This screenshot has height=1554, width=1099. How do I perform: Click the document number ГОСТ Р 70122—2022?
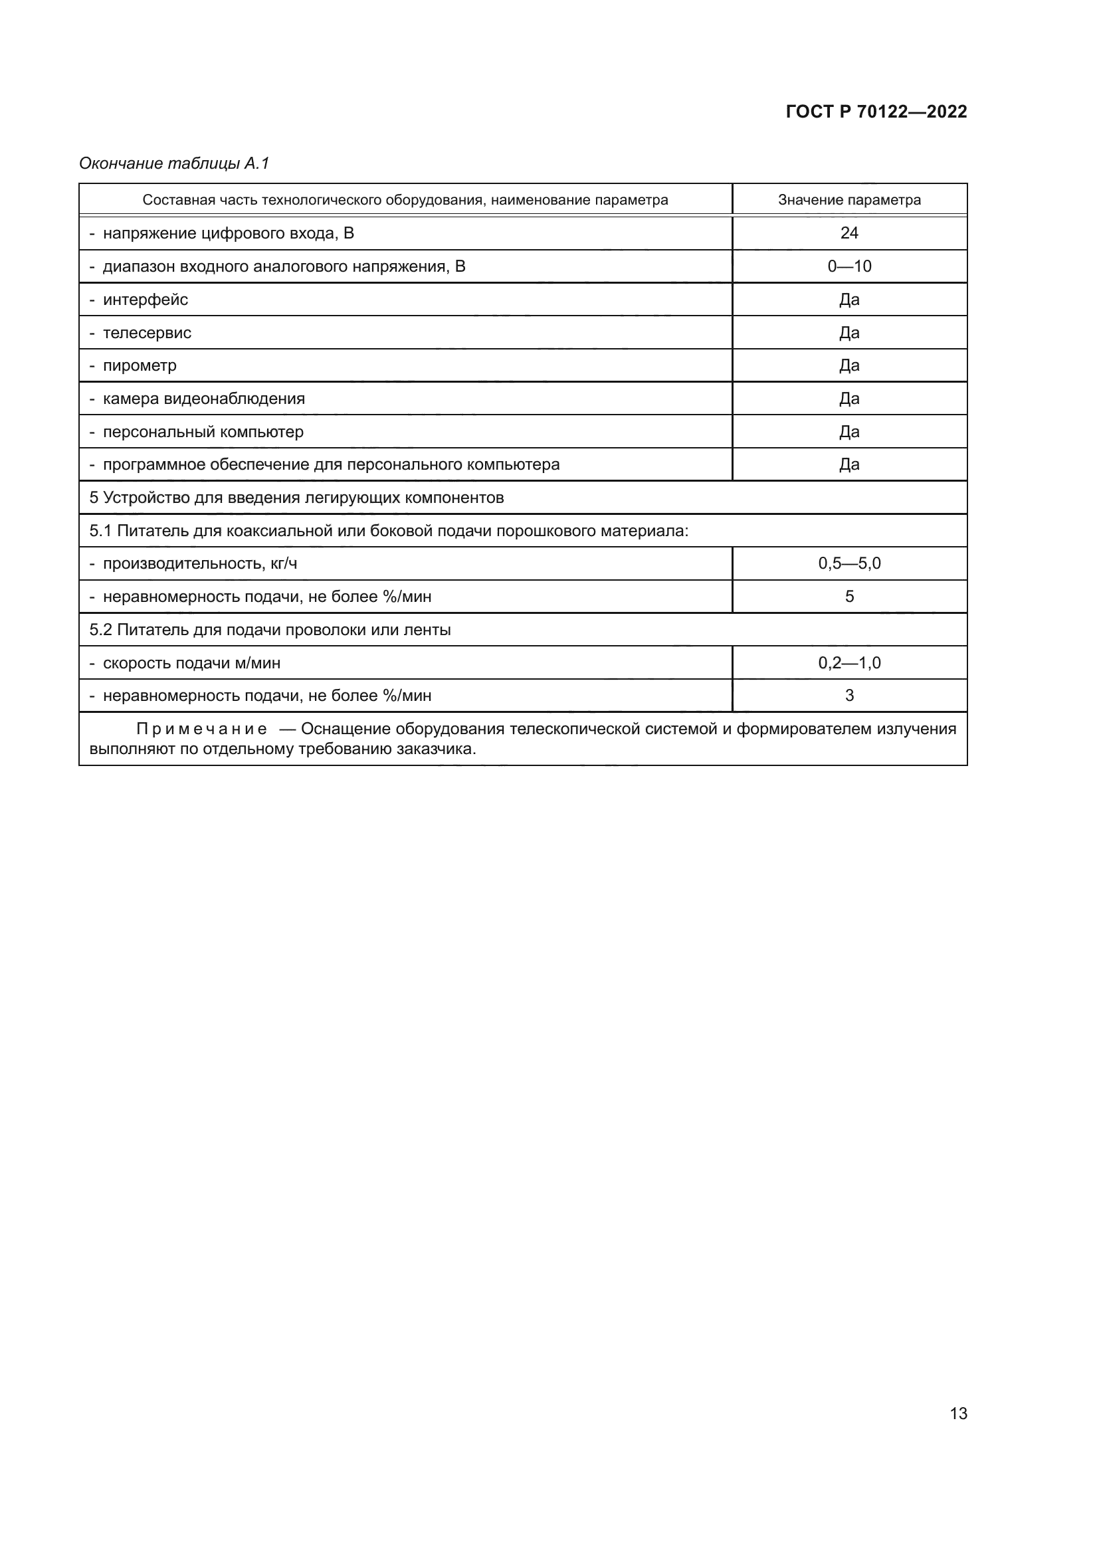tap(876, 112)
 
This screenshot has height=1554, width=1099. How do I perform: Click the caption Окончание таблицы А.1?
tap(174, 163)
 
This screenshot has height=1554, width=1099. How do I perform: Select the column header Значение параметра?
tap(849, 200)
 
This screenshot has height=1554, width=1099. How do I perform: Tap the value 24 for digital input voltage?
tap(849, 233)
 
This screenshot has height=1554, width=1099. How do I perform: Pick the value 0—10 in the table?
tap(849, 266)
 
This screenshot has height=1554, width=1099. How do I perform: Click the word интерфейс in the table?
tap(145, 299)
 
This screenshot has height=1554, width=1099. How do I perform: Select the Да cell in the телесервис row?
tap(849, 332)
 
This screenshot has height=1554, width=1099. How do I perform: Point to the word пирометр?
tap(140, 365)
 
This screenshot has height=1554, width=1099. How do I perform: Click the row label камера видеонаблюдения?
tap(203, 399)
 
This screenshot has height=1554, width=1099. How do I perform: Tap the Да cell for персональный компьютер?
tap(849, 432)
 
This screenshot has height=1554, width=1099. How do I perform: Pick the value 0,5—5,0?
tap(849, 564)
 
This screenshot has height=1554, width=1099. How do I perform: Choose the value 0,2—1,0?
tap(849, 663)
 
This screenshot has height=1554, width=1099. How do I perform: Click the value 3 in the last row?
tap(849, 696)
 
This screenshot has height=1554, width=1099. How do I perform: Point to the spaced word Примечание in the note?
tap(201, 729)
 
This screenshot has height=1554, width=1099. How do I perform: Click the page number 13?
tap(957, 1414)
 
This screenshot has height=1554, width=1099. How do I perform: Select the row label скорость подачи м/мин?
tap(191, 663)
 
